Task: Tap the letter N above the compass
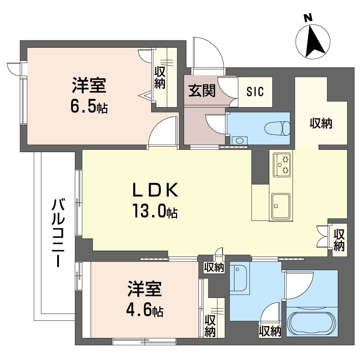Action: point(308,18)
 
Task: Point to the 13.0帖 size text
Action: point(154,211)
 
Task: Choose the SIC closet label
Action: point(253,91)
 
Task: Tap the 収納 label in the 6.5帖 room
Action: point(160,77)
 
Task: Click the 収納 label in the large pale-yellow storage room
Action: point(321,123)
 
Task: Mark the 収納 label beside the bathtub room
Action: point(270,332)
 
